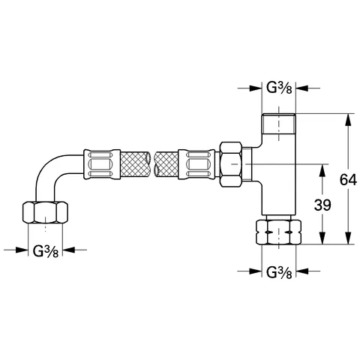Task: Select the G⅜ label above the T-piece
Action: click(281, 87)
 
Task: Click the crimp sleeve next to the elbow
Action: click(103, 163)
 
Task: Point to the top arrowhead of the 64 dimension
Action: click(347, 118)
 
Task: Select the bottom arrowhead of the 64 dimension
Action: click(347, 240)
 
